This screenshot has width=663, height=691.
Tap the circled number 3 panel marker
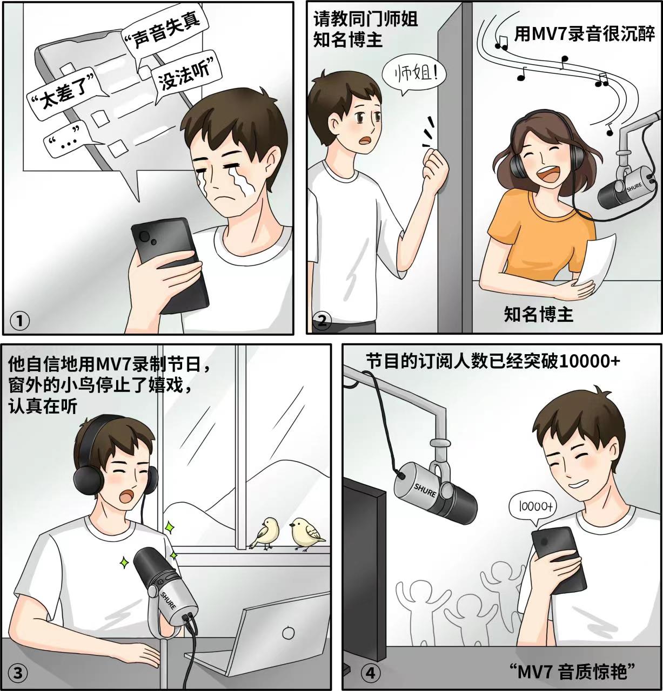(x=18, y=673)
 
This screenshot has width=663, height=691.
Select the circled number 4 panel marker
(x=370, y=673)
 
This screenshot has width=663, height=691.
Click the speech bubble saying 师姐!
(x=414, y=74)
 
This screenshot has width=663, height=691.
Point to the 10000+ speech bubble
(x=534, y=506)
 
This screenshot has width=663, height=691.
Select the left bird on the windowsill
(x=264, y=533)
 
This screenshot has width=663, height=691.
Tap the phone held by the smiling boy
(x=559, y=559)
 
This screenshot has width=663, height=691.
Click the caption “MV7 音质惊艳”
(x=572, y=672)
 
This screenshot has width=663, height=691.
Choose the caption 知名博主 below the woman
(x=538, y=314)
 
